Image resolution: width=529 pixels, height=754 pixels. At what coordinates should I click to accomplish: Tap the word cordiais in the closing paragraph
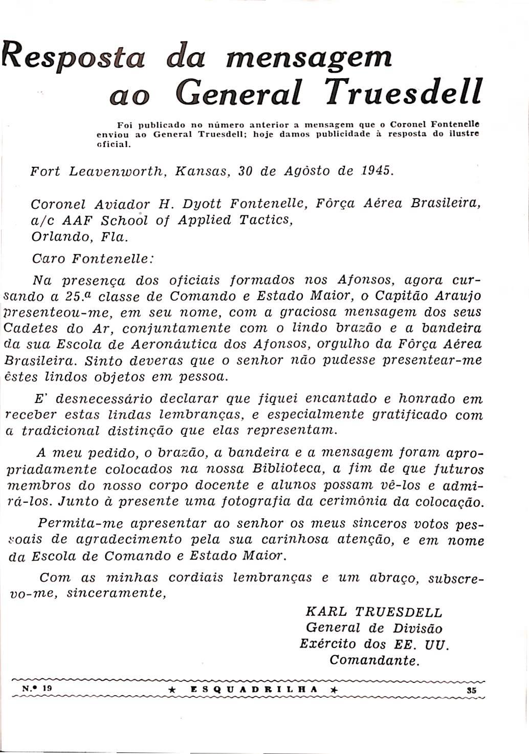(196, 578)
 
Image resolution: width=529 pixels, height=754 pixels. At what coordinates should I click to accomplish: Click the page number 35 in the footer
(472, 690)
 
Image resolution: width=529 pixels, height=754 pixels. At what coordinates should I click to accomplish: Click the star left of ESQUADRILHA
(172, 690)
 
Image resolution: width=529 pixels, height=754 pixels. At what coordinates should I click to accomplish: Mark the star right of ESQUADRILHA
(334, 690)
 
